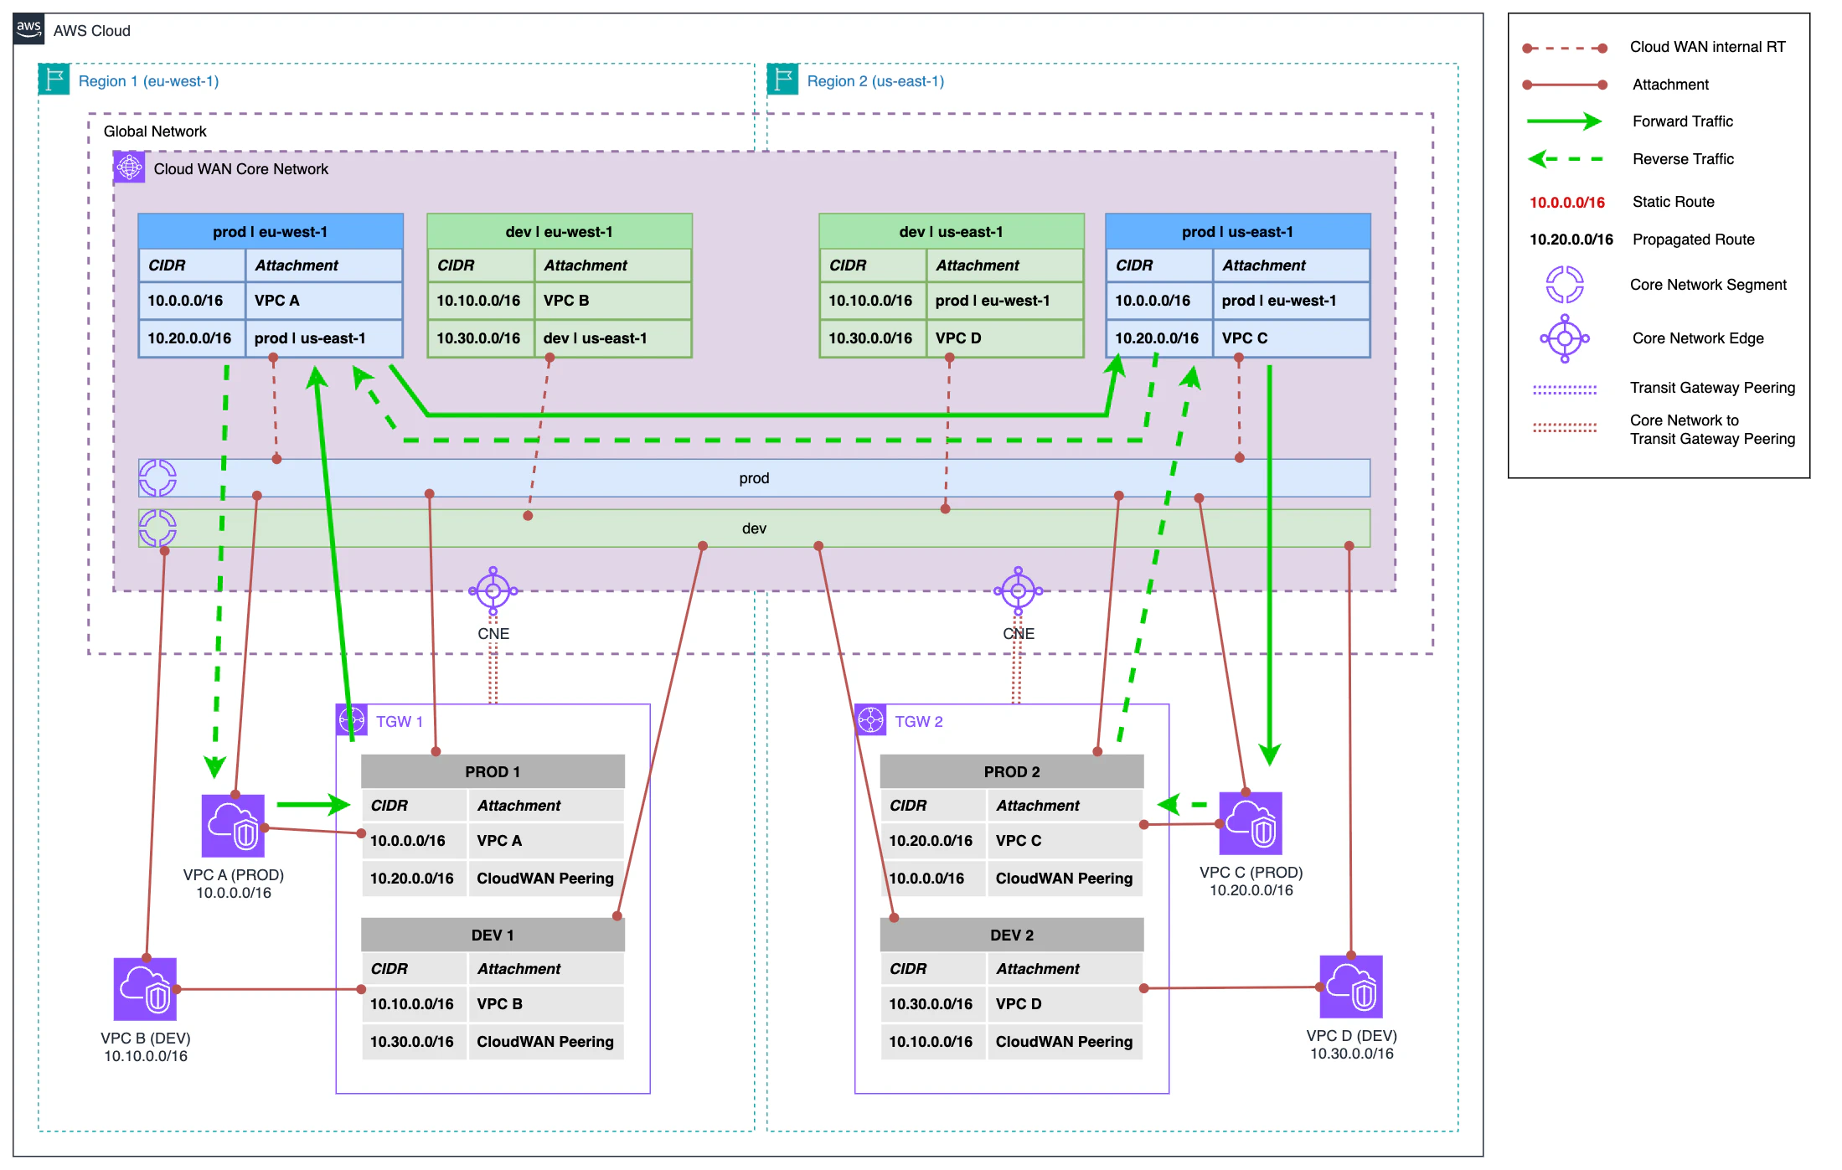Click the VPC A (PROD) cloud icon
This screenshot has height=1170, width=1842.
coord(233,826)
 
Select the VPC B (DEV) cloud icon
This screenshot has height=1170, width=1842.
coord(145,989)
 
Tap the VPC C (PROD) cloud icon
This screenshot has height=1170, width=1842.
coord(1251,823)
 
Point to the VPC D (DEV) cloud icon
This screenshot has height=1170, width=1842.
coord(1350,987)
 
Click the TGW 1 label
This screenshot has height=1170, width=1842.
coord(400,722)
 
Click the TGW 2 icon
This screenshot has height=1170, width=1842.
coord(871,720)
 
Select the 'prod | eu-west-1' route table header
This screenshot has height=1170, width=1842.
coord(271,232)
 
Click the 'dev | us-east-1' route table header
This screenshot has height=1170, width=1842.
coord(951,232)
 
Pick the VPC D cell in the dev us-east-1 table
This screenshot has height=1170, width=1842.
coord(1004,338)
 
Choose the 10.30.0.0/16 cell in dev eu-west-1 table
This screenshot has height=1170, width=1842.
coord(479,338)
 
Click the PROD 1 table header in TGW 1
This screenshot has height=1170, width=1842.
coord(493,771)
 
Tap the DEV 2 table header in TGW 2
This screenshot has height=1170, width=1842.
coord(1011,935)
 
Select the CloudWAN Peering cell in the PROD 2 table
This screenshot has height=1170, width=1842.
coord(1064,879)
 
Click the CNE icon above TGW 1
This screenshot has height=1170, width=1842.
coord(493,591)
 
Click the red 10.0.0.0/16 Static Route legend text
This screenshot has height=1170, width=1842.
coord(1566,202)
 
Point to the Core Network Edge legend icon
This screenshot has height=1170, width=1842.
coord(1564,338)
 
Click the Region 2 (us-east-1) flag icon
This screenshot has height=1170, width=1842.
coord(783,80)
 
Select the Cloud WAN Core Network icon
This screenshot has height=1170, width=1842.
coord(129,168)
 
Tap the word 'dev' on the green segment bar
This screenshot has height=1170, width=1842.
coord(754,528)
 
